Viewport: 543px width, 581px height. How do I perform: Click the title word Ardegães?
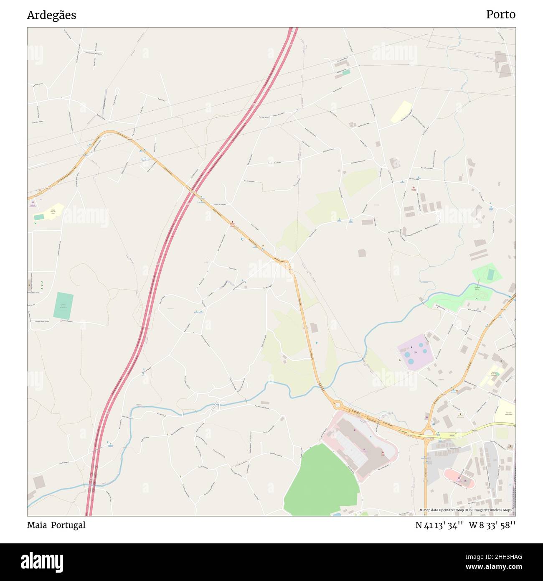pyautogui.click(x=51, y=15)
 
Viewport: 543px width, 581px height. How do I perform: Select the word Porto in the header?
pyautogui.click(x=500, y=15)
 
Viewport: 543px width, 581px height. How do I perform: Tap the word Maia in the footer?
pyautogui.click(x=37, y=525)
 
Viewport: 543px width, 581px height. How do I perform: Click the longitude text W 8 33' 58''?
pyautogui.click(x=492, y=525)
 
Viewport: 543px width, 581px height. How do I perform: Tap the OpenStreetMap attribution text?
pyautogui.click(x=467, y=510)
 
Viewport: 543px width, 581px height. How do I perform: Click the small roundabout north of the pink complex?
pyautogui.click(x=337, y=405)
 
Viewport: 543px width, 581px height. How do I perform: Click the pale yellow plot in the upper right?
pyautogui.click(x=401, y=112)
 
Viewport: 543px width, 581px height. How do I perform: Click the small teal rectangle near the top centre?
pyautogui.click(x=346, y=72)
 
